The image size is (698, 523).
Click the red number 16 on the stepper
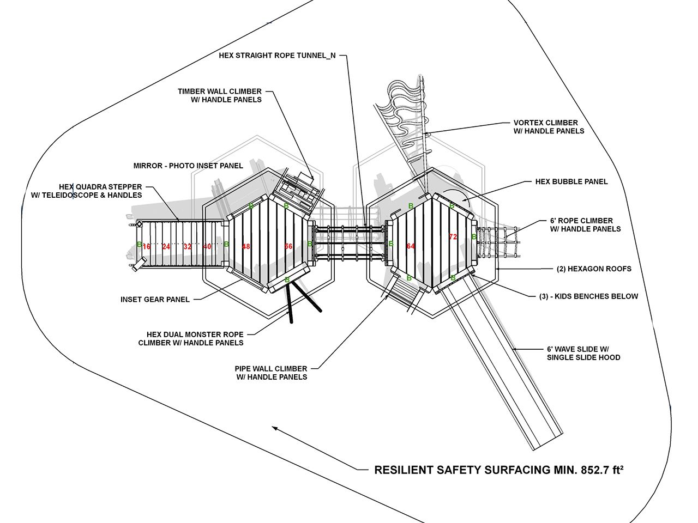[x=146, y=246]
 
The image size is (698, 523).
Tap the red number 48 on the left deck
[x=246, y=246]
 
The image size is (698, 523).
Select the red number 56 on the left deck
[x=288, y=246]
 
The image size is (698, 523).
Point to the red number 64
[x=411, y=246]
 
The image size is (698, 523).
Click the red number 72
[x=453, y=236]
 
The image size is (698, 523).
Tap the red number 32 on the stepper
[x=188, y=246]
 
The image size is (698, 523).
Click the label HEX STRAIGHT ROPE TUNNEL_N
[x=277, y=56]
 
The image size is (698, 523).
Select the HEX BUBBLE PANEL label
[x=571, y=181]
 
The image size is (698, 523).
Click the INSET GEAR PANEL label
[x=155, y=299]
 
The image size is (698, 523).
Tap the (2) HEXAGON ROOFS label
[x=594, y=269]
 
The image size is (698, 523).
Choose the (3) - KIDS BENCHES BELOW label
[x=588, y=296]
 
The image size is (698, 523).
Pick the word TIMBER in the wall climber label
[x=191, y=91]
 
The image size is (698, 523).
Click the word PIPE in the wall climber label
[x=244, y=369]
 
